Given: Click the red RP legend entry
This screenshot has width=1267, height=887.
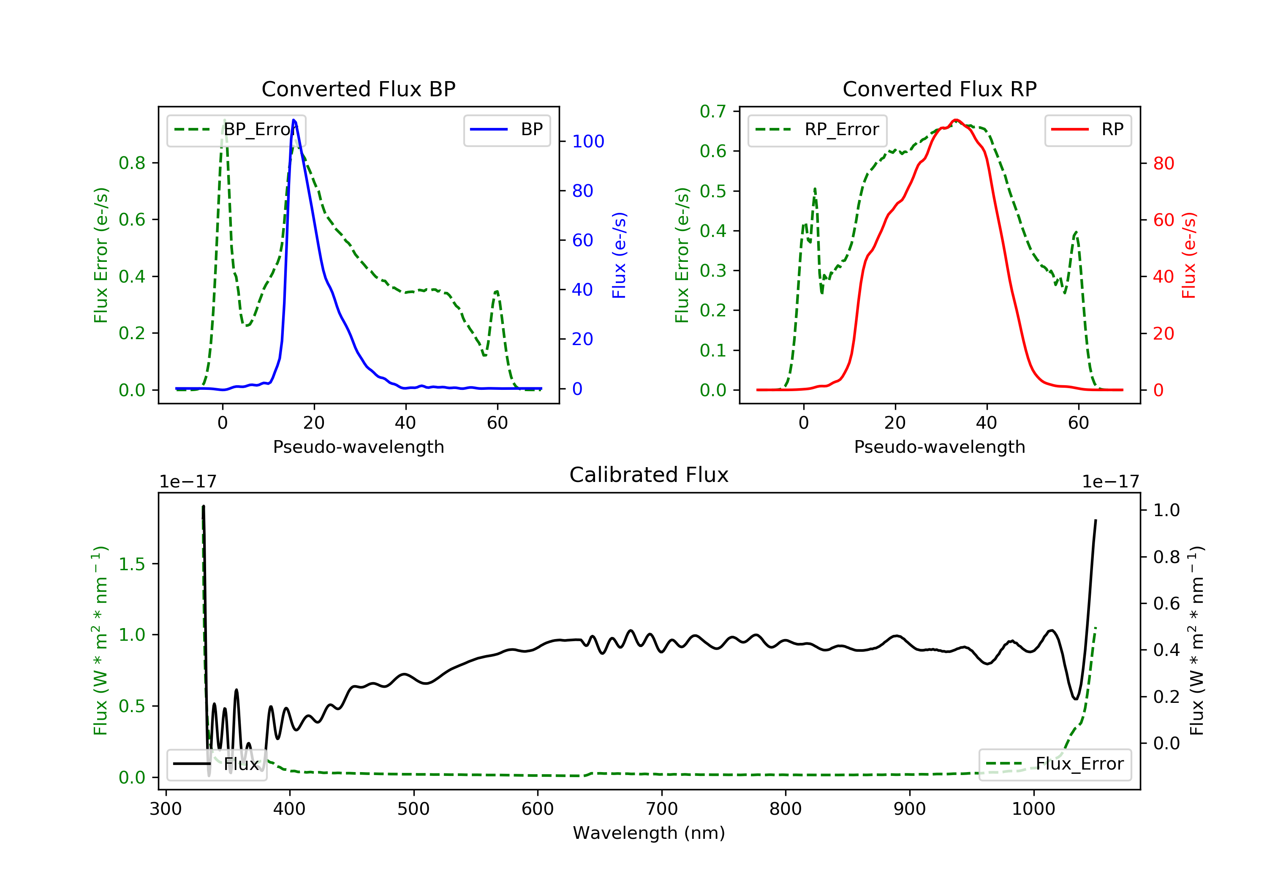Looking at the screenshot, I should (1088, 130).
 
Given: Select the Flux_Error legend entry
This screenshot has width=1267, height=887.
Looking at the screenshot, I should (1055, 764).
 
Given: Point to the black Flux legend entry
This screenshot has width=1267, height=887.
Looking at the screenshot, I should (217, 764).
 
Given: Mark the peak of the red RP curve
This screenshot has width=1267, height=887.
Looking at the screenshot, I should (955, 120).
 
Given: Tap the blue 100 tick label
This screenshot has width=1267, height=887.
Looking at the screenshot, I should (588, 142).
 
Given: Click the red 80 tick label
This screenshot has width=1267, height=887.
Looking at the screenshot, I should (1163, 163).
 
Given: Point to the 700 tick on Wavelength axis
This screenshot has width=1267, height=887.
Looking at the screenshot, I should (662, 809).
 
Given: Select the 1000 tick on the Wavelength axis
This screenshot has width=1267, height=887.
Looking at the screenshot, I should (1033, 809).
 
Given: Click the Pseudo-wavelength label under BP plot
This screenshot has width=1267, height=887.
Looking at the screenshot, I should (358, 447).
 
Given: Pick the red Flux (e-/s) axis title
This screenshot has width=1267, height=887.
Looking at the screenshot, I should (1188, 255).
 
